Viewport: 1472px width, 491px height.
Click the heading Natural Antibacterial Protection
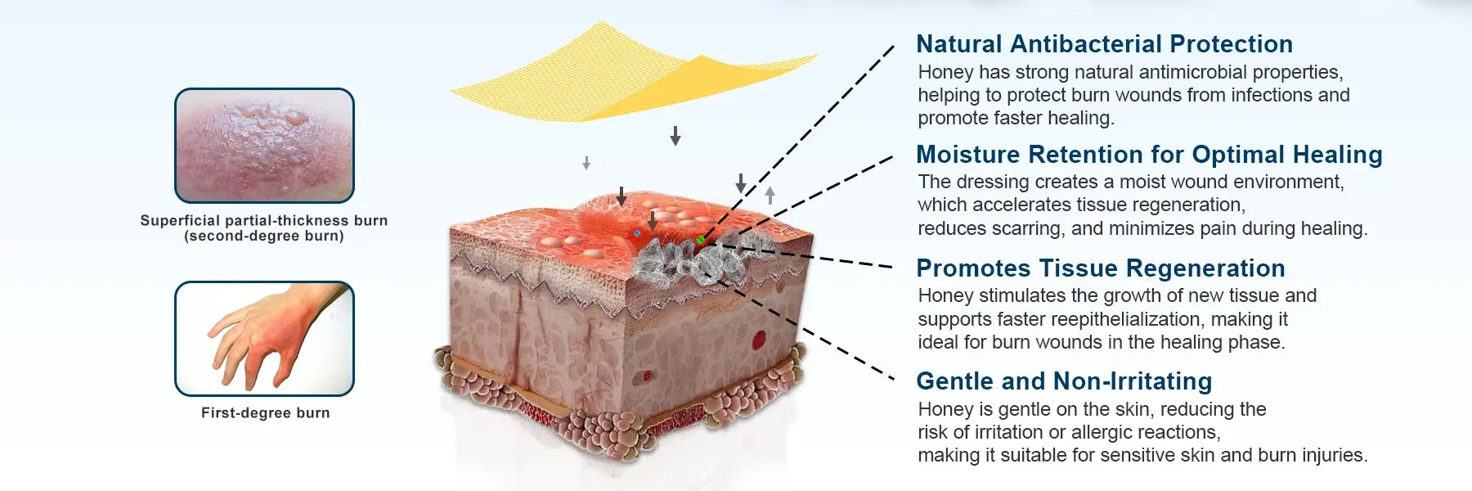click(1104, 44)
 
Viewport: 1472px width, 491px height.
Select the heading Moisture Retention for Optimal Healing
click(1149, 155)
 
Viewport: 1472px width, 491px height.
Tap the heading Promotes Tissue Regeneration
click(1101, 268)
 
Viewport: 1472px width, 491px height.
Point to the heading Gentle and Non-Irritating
click(1064, 381)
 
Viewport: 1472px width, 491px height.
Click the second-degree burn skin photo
click(264, 146)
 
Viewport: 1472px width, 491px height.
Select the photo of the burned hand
click(264, 339)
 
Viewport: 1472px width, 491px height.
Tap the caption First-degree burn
click(266, 413)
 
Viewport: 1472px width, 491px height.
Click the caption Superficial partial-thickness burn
click(264, 221)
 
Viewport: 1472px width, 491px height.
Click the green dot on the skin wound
click(701, 240)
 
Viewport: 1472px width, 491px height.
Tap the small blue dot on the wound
click(637, 233)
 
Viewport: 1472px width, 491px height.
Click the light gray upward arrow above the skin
click(770, 196)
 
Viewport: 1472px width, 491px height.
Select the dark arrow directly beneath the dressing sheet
click(675, 136)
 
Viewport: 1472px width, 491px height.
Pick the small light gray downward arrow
click(586, 163)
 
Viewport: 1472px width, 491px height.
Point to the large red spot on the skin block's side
click(760, 339)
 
